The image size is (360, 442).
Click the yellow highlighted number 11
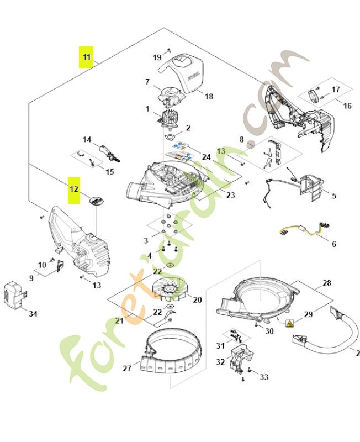coord(86,56)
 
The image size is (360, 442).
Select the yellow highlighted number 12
coord(74,188)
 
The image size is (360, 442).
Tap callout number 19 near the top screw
coord(157,57)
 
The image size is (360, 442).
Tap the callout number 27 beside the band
coord(127,368)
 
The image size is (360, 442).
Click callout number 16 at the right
coord(347,106)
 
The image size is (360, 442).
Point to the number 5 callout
coord(334,196)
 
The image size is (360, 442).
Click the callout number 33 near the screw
coord(264,377)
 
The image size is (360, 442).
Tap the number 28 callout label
coord(327,283)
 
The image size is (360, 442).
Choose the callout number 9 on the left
coord(31,278)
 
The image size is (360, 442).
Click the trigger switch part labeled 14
coord(104,150)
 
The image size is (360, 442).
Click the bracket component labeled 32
coord(239,362)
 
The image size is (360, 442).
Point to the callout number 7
coord(147,82)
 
